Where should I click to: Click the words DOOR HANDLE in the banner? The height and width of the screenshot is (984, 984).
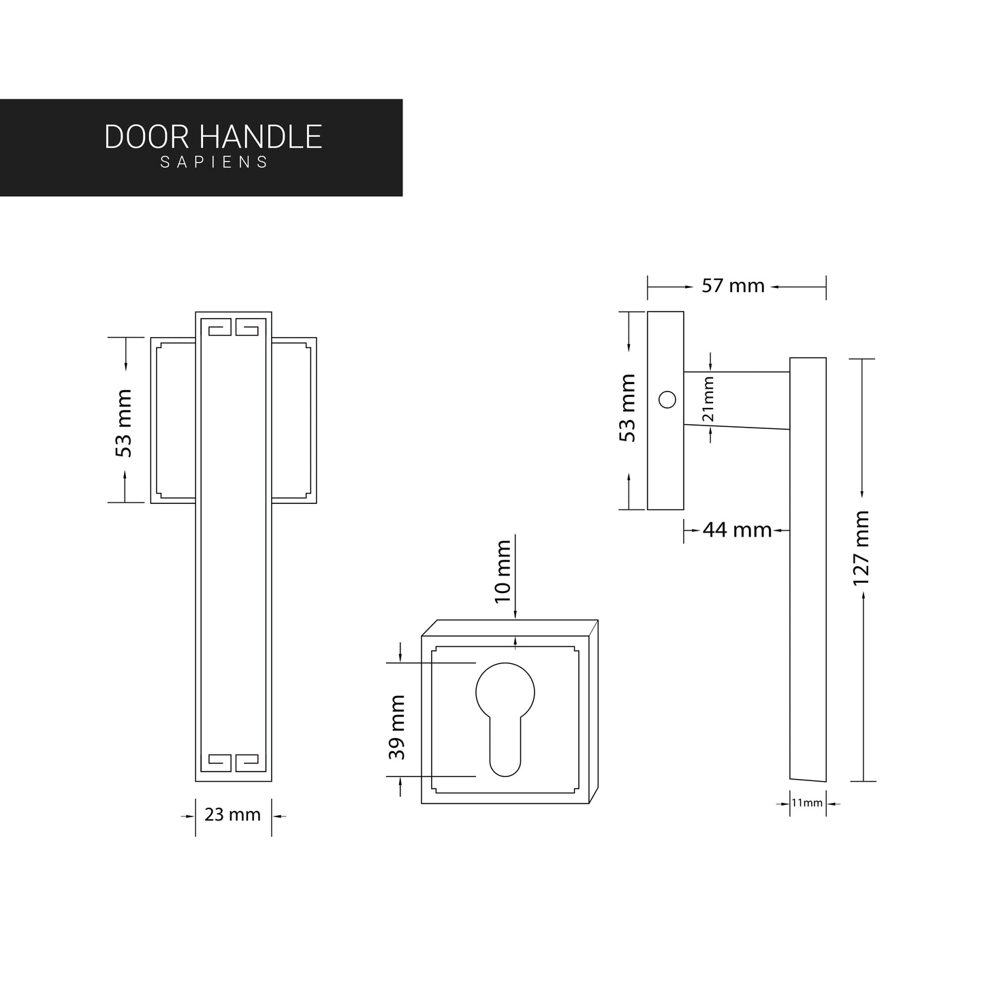click(213, 137)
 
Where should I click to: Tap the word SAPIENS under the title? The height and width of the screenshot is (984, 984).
click(215, 163)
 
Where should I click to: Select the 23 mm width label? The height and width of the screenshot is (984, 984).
click(233, 814)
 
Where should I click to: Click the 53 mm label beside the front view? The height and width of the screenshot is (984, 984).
click(124, 423)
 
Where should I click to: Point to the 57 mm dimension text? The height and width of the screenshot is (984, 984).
click(733, 286)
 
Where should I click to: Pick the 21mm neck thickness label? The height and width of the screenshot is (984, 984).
click(709, 399)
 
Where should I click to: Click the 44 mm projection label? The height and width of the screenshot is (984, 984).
click(737, 530)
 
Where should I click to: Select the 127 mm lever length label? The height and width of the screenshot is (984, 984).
click(862, 548)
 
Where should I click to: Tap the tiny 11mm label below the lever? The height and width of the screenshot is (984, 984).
click(807, 804)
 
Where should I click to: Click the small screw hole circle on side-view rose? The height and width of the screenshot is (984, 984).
click(667, 400)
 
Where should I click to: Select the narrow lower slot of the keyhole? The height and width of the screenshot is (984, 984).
click(505, 749)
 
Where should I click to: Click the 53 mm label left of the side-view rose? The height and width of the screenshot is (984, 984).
click(627, 408)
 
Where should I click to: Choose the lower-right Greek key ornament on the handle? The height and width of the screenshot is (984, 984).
click(247, 762)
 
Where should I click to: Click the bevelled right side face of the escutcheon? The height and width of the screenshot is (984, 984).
click(593, 712)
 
